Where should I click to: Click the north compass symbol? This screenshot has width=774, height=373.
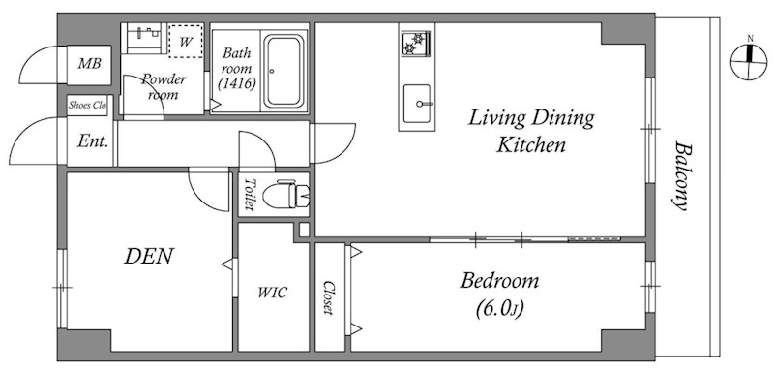[x=749, y=61]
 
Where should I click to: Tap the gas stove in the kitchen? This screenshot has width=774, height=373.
[x=415, y=44]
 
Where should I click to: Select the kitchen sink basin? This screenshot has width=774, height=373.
[x=417, y=104]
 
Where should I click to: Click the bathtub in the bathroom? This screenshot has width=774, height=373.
[x=283, y=71]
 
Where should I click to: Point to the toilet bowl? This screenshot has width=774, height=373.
[x=285, y=194]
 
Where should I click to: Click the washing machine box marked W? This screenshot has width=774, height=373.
[x=186, y=41]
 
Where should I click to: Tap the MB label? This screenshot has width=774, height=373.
[x=89, y=64]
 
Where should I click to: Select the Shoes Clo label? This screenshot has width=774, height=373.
[x=87, y=106]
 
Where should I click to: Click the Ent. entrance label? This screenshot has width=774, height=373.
[x=92, y=141]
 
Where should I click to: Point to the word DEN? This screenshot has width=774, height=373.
[x=149, y=256]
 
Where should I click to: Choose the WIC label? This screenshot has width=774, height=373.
[x=272, y=293]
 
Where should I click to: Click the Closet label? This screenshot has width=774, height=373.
[x=328, y=297]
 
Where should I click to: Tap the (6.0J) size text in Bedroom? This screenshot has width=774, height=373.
[x=499, y=309]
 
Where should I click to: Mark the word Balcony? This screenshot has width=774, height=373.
[x=682, y=176]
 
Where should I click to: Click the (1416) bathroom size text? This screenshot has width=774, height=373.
[x=237, y=84]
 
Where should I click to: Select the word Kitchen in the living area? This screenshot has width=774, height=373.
[x=530, y=145]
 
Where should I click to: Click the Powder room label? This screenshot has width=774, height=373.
[x=164, y=86]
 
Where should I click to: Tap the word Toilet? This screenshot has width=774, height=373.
[x=250, y=194]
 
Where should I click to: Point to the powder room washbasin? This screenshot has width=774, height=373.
[x=144, y=36]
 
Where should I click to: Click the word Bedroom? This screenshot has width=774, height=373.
[x=499, y=281]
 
